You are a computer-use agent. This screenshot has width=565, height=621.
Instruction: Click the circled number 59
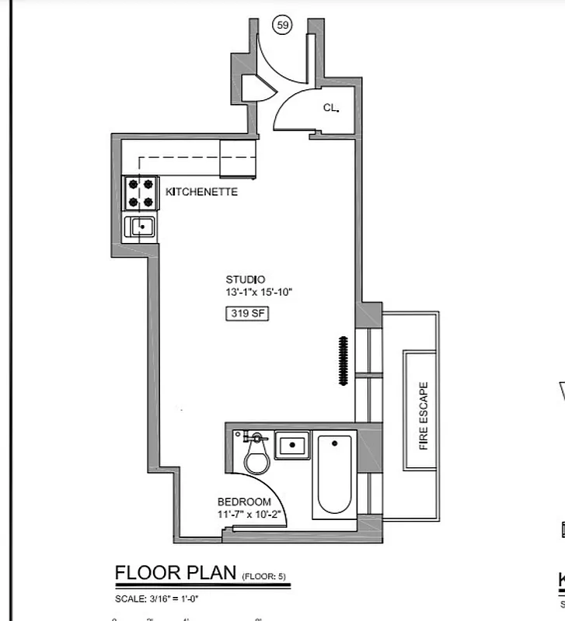283,26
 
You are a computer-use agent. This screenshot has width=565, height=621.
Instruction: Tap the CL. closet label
331,109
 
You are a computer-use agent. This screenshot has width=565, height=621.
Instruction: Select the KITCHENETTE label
201,192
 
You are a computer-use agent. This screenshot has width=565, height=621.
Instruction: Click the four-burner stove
141,193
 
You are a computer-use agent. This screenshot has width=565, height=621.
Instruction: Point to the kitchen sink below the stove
141,227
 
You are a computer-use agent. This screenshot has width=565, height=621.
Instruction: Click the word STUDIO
246,279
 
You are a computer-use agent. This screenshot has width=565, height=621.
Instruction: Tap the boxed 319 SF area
246,314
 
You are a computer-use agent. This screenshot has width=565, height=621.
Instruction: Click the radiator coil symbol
342,359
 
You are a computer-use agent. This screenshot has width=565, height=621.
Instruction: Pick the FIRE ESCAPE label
424,415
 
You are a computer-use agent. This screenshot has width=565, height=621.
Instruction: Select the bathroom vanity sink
292,446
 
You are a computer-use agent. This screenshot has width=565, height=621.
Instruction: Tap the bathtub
334,475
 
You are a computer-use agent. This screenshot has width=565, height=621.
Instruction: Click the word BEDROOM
244,501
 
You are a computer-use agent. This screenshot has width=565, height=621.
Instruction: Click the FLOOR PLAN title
176,573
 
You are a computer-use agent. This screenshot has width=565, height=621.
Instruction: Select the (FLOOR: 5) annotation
264,576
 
